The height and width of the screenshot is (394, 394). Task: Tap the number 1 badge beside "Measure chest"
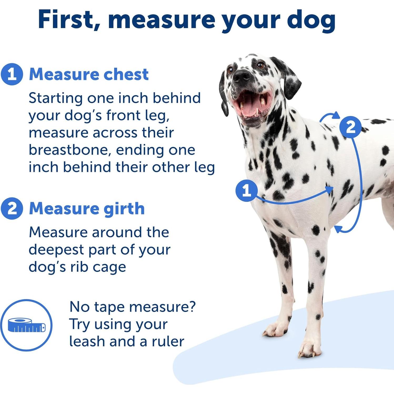pos(12,74)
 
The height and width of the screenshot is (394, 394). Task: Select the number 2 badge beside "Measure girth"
pos(12,209)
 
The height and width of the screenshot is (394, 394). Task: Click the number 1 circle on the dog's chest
pos(246,190)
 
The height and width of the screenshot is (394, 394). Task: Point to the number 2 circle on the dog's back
pos(350,127)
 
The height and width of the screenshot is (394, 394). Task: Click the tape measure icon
pos(26,325)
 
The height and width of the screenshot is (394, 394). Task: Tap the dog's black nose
pos(241,75)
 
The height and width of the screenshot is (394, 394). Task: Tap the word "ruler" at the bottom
pos(168,341)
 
